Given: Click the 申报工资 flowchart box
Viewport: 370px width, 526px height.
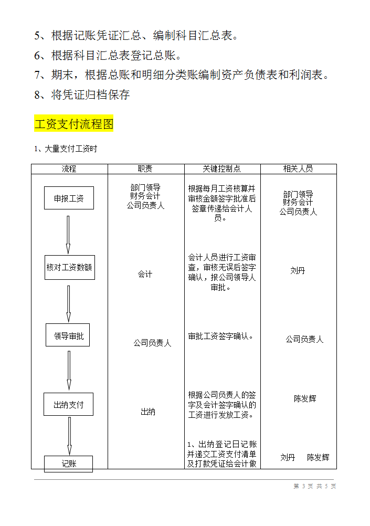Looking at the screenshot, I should (x=69, y=198).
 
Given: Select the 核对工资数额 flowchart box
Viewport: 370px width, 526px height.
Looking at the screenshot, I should (x=69, y=267).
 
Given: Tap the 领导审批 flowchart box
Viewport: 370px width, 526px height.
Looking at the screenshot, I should (x=68, y=335).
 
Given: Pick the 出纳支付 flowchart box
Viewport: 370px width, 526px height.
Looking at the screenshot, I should (x=68, y=404).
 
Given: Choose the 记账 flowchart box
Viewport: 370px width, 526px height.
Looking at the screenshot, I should (x=69, y=463).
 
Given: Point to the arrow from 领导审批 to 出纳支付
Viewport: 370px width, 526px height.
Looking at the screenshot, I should (x=69, y=370).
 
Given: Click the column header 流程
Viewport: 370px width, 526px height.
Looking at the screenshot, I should (x=69, y=169).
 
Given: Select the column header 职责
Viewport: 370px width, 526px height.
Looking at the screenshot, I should (x=145, y=169).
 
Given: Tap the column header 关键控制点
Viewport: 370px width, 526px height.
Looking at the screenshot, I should (x=222, y=169).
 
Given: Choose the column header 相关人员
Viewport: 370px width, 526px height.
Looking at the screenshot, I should (x=298, y=169).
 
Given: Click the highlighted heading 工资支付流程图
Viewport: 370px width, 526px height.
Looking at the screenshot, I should (x=74, y=124).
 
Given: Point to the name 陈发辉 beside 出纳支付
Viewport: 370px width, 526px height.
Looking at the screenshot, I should (x=305, y=398).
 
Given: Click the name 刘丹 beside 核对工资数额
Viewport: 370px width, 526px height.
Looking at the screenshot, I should (x=298, y=270).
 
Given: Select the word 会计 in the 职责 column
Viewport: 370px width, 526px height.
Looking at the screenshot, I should (x=145, y=274).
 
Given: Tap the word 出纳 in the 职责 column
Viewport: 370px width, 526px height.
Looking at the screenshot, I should (x=148, y=412).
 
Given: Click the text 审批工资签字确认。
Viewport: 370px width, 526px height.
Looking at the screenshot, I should (x=221, y=336).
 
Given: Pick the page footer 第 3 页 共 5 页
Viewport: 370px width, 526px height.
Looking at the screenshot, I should (x=315, y=486).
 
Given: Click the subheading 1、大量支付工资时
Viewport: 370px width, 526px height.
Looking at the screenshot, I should (x=66, y=149).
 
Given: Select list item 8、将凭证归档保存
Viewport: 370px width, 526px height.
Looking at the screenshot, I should (x=82, y=95).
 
